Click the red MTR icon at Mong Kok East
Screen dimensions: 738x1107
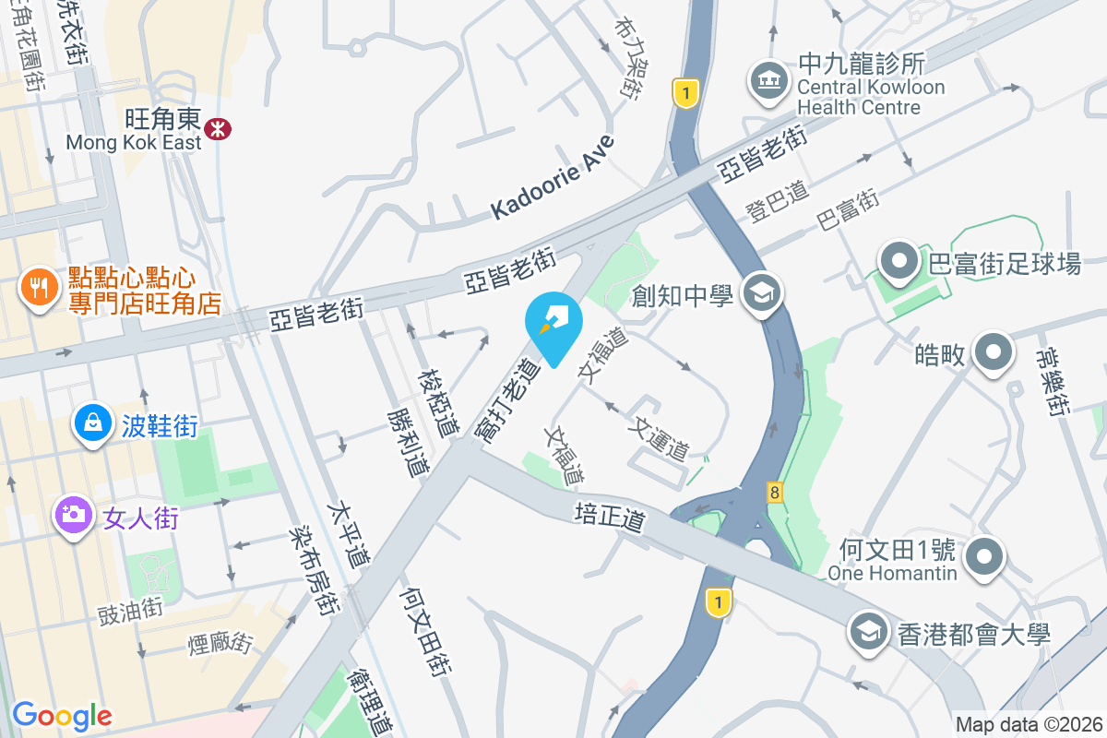pos(219,128)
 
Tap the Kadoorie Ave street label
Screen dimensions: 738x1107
pos(553,178)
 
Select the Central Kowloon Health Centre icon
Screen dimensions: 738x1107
pos(768,81)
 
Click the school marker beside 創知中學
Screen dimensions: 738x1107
pos(763,294)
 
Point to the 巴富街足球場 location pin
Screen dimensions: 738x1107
pos(899,263)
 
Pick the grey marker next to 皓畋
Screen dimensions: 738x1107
pos(993,352)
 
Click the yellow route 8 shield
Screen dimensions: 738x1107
pos(773,493)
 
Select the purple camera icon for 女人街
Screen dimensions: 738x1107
pos(73,515)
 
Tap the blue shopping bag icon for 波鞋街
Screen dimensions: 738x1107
pos(92,423)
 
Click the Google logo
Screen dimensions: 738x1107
pos(62,715)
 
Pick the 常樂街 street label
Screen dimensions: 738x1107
pos(1053,381)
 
